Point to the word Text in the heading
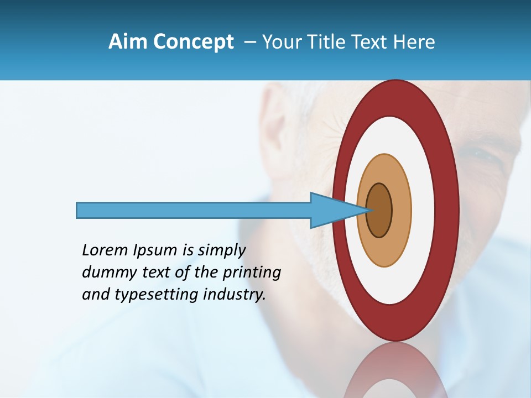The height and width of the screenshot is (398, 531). (378, 42)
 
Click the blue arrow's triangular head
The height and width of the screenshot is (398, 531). (329, 211)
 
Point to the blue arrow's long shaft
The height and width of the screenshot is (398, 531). (194, 211)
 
